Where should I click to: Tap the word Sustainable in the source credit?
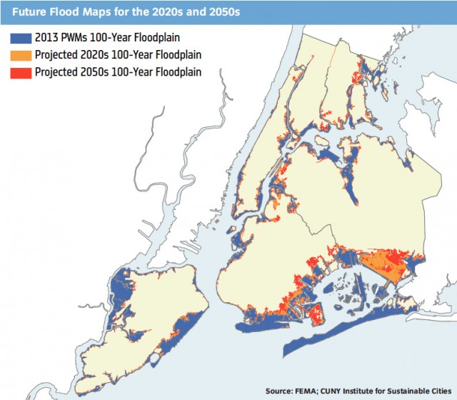pyautogui.click(x=409, y=391)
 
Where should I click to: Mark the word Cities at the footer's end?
pyautogui.click(x=441, y=391)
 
